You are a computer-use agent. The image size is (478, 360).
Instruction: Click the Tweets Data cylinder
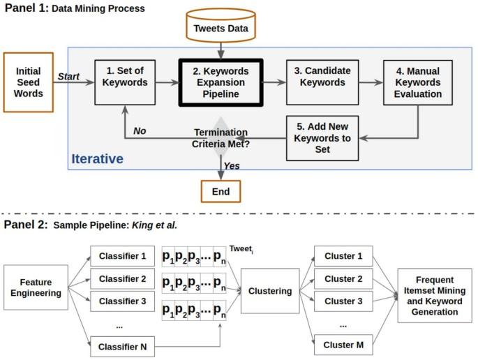click(x=220, y=28)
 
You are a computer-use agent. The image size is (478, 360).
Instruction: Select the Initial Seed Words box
click(x=29, y=82)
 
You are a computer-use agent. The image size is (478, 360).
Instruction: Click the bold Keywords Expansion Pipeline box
click(x=221, y=82)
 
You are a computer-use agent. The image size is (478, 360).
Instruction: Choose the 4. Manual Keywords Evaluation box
click(x=417, y=83)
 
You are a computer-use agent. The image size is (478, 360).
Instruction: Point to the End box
click(x=221, y=190)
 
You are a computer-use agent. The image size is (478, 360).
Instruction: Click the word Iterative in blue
click(x=97, y=159)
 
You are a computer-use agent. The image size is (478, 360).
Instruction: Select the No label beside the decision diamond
click(x=140, y=130)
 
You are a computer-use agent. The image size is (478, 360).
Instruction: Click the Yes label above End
click(x=232, y=165)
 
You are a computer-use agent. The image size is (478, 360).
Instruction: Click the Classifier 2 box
click(x=122, y=279)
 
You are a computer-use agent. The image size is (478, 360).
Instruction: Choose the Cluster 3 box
click(x=343, y=301)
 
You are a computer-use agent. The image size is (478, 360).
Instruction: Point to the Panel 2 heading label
click(x=24, y=224)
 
